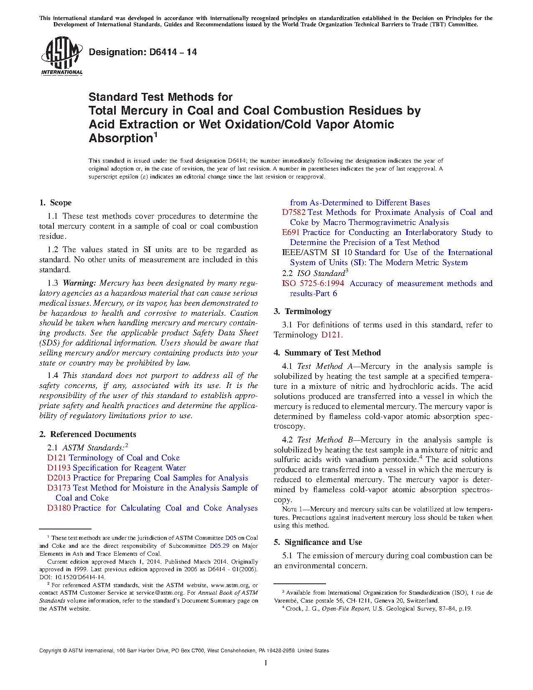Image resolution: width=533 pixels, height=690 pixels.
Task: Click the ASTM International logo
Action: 61,56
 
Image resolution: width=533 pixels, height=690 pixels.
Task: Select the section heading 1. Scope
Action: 56,203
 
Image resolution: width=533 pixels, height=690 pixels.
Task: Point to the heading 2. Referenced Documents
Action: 88,434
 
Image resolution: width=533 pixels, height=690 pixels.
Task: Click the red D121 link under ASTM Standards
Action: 56,458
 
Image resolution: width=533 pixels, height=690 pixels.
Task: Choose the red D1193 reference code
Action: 59,468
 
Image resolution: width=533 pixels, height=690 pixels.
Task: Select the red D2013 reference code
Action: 59,478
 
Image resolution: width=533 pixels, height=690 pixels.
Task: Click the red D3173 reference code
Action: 59,488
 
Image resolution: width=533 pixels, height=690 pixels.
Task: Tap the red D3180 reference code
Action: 59,508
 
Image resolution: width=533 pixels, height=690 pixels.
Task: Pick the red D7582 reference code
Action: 293,212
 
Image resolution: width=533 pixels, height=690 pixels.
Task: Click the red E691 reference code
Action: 291,233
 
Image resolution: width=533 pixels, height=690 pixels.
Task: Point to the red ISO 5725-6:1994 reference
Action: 313,284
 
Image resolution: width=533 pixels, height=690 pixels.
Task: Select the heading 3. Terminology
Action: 303,312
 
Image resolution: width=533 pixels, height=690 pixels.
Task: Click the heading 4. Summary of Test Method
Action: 327,353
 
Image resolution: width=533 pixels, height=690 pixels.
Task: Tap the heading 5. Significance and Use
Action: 318,542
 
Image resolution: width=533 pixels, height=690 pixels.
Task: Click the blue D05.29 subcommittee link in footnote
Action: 219,546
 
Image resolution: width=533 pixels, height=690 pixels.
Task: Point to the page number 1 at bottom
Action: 266,663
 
